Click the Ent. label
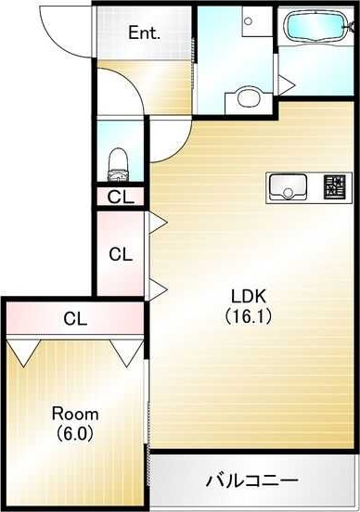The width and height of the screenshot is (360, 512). pos(144,32)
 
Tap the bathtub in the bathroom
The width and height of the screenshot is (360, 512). pos(316,27)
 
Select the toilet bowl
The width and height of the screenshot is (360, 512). pos(118,164)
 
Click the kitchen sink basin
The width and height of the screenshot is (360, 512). pos(288,186)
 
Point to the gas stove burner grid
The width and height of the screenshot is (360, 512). pos(335,186)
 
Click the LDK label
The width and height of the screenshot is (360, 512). pos(249,297)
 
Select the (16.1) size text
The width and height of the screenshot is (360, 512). pos(249,316)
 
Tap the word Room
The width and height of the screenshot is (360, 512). pos(75,414)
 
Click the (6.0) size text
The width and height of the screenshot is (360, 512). pos(75,433)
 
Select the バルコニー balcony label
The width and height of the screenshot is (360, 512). pos(251,480)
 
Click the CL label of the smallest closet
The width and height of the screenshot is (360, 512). pos(121,197)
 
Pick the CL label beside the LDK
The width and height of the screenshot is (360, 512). pos(121,254)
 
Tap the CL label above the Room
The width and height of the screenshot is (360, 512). pos(75,319)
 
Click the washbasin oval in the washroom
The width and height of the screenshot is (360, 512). pos(249,97)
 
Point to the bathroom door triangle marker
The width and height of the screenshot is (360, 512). pos(286,85)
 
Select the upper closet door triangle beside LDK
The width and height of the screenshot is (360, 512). pos(158,223)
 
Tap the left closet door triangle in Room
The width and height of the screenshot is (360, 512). pos(24,352)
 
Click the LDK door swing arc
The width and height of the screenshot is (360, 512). pos(179,147)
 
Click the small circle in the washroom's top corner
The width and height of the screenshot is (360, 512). pos(249,21)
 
